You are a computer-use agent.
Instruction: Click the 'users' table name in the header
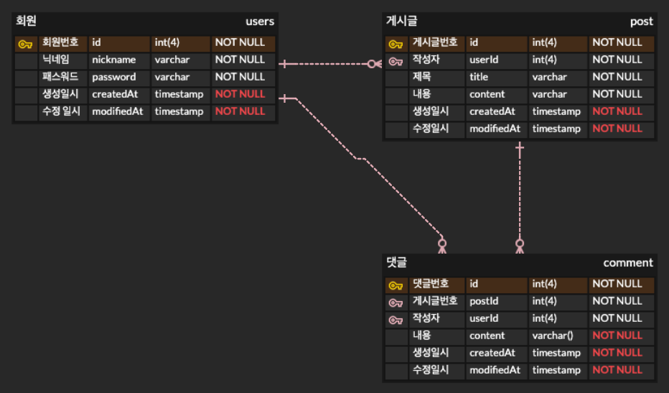pos(260,22)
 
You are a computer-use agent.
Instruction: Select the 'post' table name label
pos(641,22)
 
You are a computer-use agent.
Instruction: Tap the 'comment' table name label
pos(628,263)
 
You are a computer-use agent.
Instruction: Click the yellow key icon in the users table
pos(25,43)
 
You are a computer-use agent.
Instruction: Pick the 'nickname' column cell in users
pos(113,60)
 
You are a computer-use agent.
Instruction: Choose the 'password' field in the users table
pos(113,77)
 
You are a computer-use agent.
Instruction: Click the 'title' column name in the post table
pos(479,77)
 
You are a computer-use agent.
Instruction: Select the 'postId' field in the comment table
pos(484,301)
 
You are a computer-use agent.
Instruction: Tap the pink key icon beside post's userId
pos(396,60)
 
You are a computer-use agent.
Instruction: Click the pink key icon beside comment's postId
pos(396,302)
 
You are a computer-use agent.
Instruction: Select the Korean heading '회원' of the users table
pos(26,22)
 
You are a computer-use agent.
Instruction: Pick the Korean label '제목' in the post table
pos(422,77)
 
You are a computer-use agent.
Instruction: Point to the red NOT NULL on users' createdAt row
pos(240,94)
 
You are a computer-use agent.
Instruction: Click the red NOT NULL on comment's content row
pos(617,336)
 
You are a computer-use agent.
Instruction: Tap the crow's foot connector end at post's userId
pos(374,64)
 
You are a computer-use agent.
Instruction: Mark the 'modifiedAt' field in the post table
pos(495,129)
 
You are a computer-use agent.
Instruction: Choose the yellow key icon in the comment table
pos(396,285)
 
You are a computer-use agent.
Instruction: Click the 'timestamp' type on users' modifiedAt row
pos(179,111)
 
